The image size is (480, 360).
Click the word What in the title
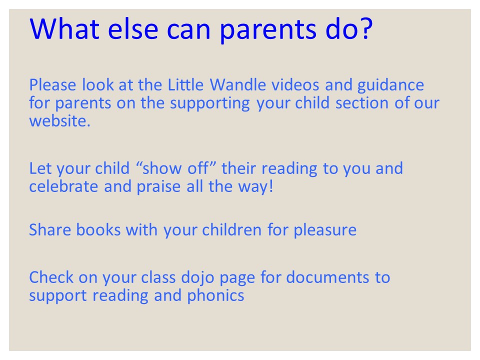click(64, 28)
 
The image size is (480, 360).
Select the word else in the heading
click(133, 28)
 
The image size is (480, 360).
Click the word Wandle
click(238, 85)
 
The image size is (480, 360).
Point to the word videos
click(295, 85)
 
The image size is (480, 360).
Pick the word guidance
click(390, 85)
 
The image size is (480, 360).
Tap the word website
click(60, 121)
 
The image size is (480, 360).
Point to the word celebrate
click(63, 186)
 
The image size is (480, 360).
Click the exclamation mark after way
click(271, 186)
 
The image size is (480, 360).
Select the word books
click(98, 230)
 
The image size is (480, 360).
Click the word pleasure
click(325, 231)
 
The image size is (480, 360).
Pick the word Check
click(51, 277)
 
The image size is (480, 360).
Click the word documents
click(327, 277)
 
